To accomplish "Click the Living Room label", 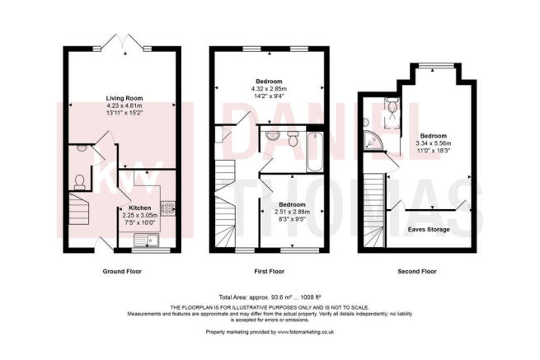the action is pyautogui.click(x=124, y=98).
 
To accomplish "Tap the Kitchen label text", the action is pyautogui.click(x=140, y=208).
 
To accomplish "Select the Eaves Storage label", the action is pyautogui.click(x=429, y=229).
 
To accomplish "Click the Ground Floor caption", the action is pyautogui.click(x=122, y=271).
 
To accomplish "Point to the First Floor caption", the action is pyautogui.click(x=270, y=271).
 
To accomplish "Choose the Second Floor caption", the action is pyautogui.click(x=417, y=271).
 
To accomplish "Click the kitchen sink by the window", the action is pyautogui.click(x=147, y=240).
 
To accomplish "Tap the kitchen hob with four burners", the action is pyautogui.click(x=167, y=208).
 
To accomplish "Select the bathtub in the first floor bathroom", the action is pyautogui.click(x=314, y=152).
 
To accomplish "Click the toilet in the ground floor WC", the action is pyautogui.click(x=79, y=182).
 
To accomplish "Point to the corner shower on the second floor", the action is pyautogui.click(x=373, y=141).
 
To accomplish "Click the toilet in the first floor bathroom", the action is pyautogui.click(x=293, y=138).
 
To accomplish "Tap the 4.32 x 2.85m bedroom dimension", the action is pyautogui.click(x=269, y=88).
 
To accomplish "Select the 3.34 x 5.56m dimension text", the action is pyautogui.click(x=434, y=143).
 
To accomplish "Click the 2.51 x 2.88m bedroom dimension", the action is pyautogui.click(x=292, y=212).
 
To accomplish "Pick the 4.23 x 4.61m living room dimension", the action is pyautogui.click(x=124, y=105).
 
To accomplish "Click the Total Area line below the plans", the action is pyautogui.click(x=270, y=297).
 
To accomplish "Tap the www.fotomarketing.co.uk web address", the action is pyautogui.click(x=306, y=332).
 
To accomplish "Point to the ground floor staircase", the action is pyautogui.click(x=79, y=208).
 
